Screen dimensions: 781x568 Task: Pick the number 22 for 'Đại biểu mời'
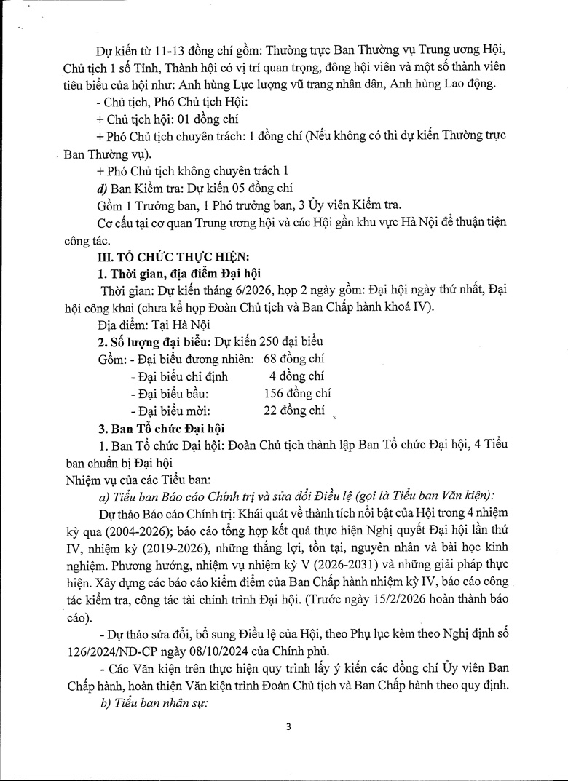coord(272,411)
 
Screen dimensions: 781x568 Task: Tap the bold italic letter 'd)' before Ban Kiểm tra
coord(102,187)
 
